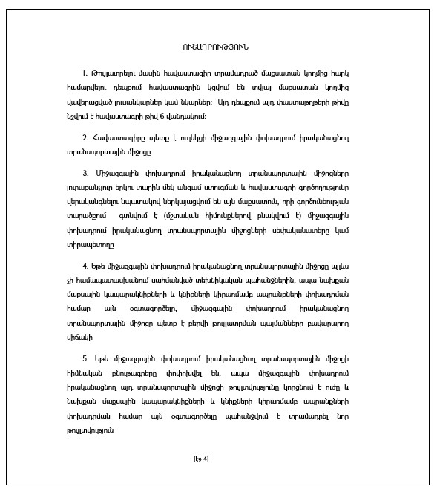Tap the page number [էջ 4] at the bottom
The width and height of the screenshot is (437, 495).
(200, 458)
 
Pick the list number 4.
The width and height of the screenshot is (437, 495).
(85, 264)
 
